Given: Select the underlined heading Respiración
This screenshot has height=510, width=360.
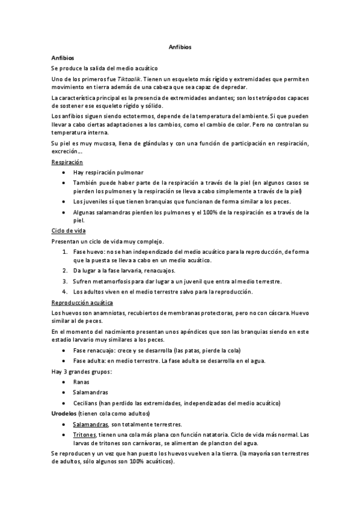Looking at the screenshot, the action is pyautogui.click(x=67, y=162).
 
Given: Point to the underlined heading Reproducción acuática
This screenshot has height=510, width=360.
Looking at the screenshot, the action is pyautogui.click(x=82, y=303).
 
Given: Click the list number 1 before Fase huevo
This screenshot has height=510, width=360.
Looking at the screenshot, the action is pyautogui.click(x=65, y=251).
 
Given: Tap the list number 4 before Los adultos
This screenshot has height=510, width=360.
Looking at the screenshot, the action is pyautogui.click(x=65, y=292).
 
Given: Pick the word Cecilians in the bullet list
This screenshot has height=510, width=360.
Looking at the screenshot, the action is pyautogui.click(x=88, y=402).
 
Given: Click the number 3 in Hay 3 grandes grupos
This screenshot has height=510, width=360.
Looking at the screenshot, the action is pyautogui.click(x=64, y=371).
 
